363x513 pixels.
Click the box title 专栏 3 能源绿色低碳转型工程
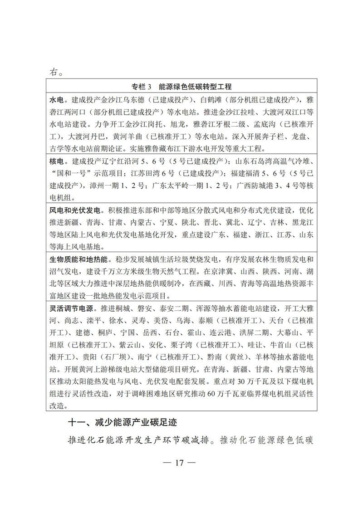181,87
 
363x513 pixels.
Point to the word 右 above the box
54,72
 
